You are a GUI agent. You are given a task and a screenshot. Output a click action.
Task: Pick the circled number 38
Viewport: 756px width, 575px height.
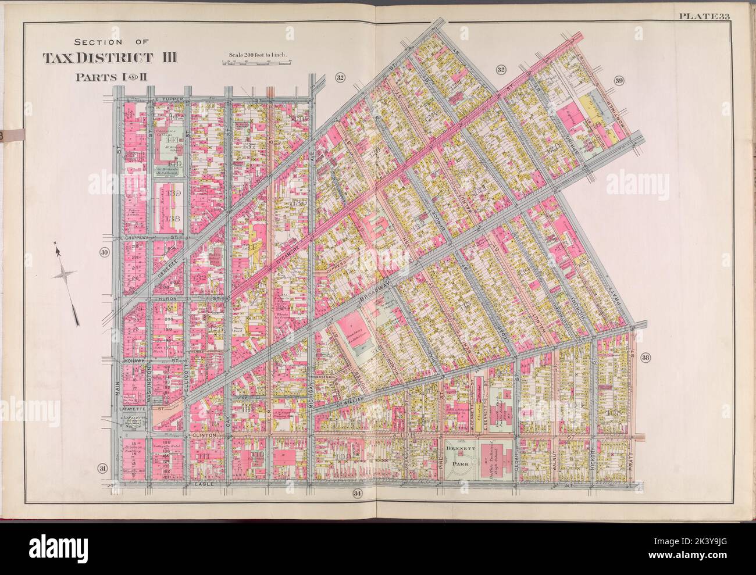coord(645,358)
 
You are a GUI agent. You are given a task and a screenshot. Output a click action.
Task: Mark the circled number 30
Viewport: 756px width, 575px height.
coord(104,252)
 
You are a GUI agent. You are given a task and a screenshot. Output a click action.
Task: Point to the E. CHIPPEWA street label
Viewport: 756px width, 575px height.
coord(135,238)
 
